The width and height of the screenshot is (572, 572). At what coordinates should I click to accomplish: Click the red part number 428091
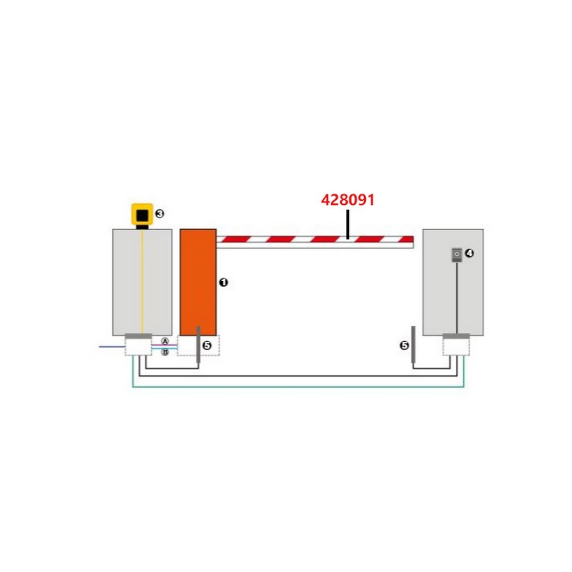click(348, 200)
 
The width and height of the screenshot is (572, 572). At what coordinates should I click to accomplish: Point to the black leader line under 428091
click(347, 224)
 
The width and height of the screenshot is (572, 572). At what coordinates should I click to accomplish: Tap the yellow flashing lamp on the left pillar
click(142, 214)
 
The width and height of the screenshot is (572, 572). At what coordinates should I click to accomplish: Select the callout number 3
click(160, 214)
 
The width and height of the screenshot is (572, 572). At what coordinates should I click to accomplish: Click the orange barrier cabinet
click(198, 282)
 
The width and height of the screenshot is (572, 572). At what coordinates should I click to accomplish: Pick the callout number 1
click(223, 282)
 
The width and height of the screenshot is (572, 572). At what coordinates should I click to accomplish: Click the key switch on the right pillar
click(457, 255)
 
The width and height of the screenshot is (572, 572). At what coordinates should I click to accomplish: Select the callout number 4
click(470, 253)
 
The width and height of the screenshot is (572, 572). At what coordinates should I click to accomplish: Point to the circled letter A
click(165, 341)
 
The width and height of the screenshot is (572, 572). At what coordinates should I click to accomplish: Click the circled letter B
click(165, 352)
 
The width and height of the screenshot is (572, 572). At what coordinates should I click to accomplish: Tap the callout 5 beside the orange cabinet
click(207, 346)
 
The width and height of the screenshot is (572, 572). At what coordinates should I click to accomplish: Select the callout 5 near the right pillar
click(404, 346)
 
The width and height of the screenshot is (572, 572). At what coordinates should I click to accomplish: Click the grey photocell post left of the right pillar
click(413, 344)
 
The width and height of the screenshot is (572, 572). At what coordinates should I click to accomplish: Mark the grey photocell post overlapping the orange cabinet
click(198, 344)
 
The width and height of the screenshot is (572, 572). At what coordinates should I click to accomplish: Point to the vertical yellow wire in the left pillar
click(142, 282)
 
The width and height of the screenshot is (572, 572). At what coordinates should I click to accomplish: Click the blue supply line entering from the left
click(112, 347)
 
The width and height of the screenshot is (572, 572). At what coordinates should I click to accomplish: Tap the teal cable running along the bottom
click(298, 387)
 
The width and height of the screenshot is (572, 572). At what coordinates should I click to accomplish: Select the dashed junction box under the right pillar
click(456, 347)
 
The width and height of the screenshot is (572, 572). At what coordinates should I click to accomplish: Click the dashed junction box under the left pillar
click(138, 347)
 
